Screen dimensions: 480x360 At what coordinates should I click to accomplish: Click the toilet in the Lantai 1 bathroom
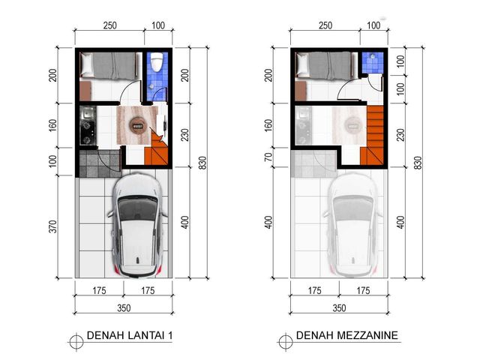click(x=157, y=61)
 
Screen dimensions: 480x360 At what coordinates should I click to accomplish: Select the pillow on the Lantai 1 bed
click(x=86, y=64)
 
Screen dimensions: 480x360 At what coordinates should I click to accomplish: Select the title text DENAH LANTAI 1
click(x=130, y=336)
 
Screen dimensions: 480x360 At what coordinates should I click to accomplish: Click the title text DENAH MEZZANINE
click(x=346, y=335)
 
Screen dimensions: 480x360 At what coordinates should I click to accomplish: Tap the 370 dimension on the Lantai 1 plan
click(x=52, y=226)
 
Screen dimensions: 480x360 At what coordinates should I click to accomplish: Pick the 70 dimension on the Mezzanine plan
click(x=268, y=157)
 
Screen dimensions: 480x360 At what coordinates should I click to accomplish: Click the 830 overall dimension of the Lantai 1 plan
click(x=202, y=163)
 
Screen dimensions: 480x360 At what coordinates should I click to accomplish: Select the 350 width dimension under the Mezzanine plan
click(x=339, y=307)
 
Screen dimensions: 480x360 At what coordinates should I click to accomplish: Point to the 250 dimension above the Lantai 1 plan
click(x=109, y=25)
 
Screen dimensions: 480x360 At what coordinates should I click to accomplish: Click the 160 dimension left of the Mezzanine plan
click(x=268, y=125)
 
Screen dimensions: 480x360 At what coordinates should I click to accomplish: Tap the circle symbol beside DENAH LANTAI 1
click(x=76, y=341)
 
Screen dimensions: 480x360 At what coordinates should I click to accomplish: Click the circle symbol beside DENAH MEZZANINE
click(x=285, y=341)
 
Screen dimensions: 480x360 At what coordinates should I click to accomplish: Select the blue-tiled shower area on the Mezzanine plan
click(x=372, y=63)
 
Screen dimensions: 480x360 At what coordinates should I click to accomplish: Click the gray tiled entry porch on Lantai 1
click(x=99, y=163)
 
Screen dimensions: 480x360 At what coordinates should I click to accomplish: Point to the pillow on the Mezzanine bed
click(x=301, y=64)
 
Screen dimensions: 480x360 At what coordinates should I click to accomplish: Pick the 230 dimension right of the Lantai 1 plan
click(x=185, y=135)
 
